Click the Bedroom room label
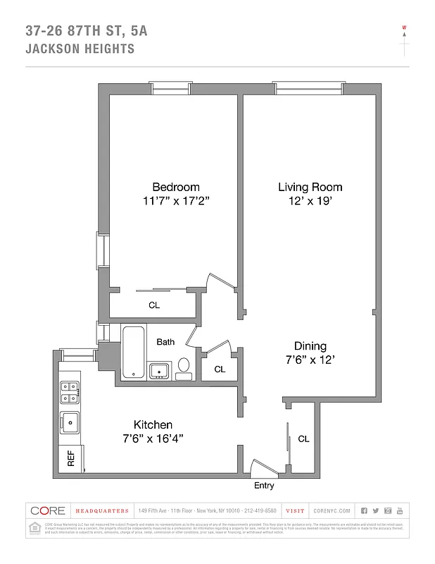pos(176,187)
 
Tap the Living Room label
pos(310,187)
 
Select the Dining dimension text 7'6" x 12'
pos(310,360)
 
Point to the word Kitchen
pos(153,424)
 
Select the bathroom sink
pos(158,369)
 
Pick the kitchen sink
pos(70,423)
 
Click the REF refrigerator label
pos(70,459)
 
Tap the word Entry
pos(264,486)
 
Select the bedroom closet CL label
pos(154,305)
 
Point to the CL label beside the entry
pos(303,439)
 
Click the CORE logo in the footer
pos(48,510)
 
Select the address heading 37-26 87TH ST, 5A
pos(87,30)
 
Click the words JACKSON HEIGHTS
pos(80,49)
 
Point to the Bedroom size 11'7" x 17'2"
pos(176,201)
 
